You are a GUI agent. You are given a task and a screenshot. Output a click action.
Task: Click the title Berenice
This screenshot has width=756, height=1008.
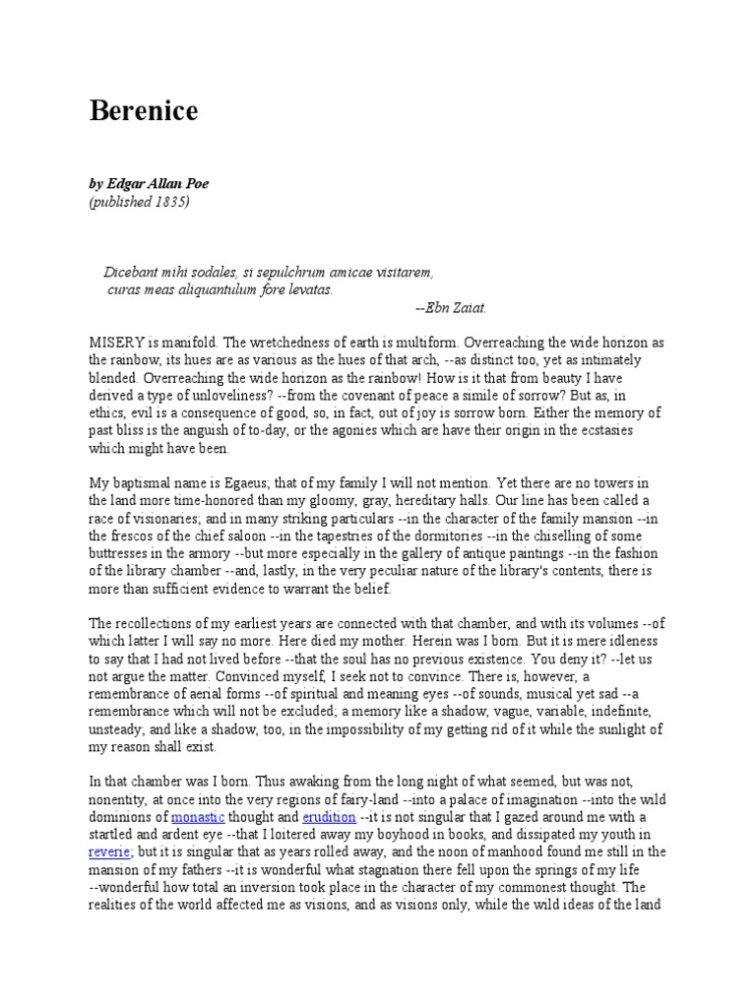[144, 111]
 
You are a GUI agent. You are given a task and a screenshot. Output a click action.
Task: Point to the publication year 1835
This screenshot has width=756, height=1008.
[170, 203]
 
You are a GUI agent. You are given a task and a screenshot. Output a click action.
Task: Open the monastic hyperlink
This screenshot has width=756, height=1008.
[199, 816]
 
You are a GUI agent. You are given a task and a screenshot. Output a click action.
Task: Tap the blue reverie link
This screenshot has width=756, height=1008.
[109, 851]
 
